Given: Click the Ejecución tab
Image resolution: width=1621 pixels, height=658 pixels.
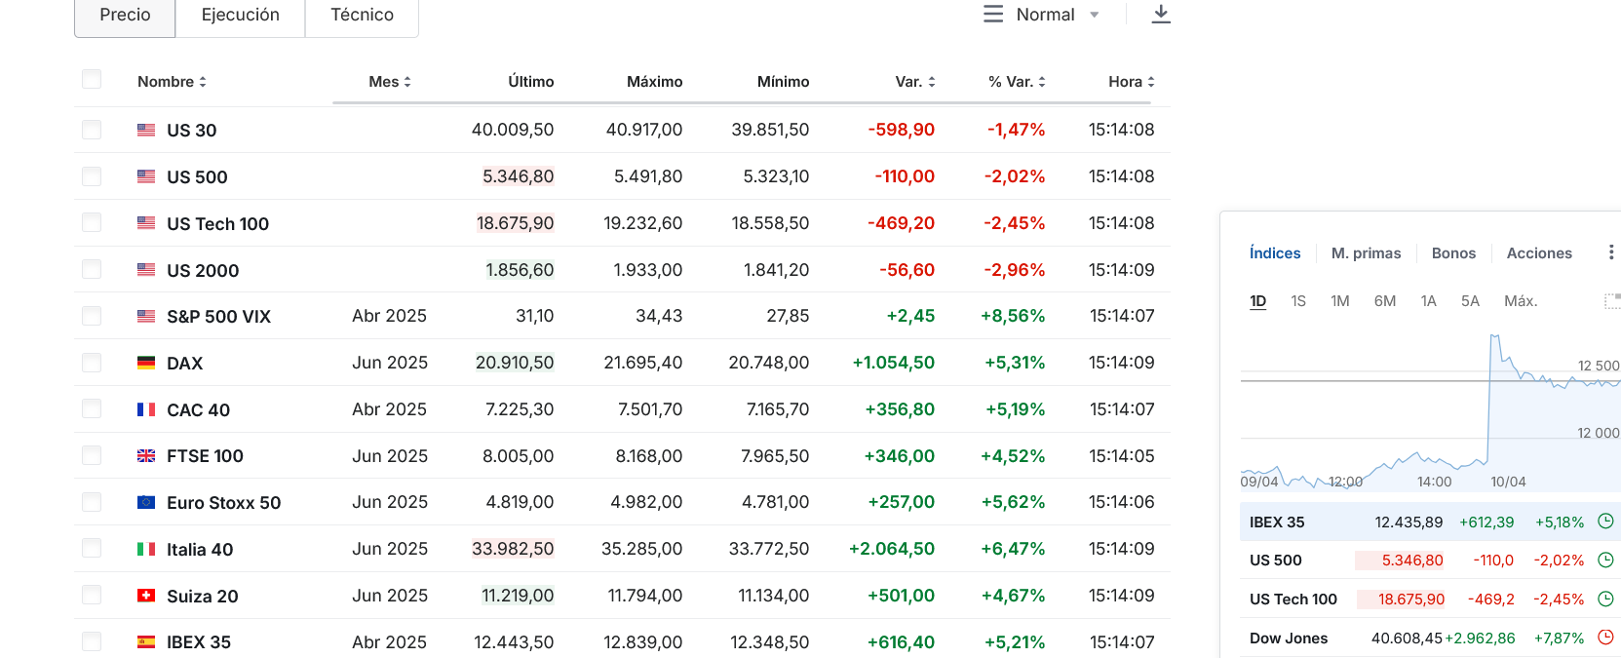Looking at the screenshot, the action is pyautogui.click(x=240, y=16).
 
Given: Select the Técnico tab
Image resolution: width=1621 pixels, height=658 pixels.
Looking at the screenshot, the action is pyautogui.click(x=362, y=16).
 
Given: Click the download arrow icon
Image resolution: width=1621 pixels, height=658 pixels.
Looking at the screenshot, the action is pyautogui.click(x=1161, y=14).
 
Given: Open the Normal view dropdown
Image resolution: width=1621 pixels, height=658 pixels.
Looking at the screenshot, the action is pyautogui.click(x=1042, y=15).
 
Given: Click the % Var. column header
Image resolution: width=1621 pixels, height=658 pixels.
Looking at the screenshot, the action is pyautogui.click(x=1017, y=82).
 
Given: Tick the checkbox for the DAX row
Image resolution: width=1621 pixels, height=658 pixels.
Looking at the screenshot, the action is pyautogui.click(x=92, y=362).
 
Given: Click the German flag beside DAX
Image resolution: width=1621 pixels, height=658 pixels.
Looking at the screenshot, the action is pyautogui.click(x=146, y=363).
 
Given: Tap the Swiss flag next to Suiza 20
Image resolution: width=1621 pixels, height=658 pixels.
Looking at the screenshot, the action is pyautogui.click(x=146, y=596).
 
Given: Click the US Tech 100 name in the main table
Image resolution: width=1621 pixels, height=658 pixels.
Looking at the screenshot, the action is pyautogui.click(x=217, y=223).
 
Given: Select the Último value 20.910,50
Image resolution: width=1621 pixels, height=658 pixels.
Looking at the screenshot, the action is pyautogui.click(x=515, y=362).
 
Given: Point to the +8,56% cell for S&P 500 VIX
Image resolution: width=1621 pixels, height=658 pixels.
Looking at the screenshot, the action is pyautogui.click(x=1013, y=316).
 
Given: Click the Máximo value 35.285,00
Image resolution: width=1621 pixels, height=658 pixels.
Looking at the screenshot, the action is pyautogui.click(x=642, y=549).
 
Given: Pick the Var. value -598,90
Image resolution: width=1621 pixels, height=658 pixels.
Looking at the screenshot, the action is pyautogui.click(x=901, y=130).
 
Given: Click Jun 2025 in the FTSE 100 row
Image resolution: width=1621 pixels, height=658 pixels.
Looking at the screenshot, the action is pyautogui.click(x=389, y=456).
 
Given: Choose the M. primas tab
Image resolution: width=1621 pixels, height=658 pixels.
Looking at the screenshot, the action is pyautogui.click(x=1366, y=253).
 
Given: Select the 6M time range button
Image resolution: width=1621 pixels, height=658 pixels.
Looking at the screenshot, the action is pyautogui.click(x=1385, y=301).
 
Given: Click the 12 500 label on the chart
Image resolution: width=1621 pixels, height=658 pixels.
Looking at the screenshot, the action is pyautogui.click(x=1598, y=367).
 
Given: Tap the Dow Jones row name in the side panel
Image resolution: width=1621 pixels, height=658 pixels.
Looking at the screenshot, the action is pyautogui.click(x=1289, y=639).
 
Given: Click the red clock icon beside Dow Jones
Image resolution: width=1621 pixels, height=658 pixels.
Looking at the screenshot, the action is pyautogui.click(x=1605, y=638).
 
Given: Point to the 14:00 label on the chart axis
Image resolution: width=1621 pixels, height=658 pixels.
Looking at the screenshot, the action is pyautogui.click(x=1434, y=483).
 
